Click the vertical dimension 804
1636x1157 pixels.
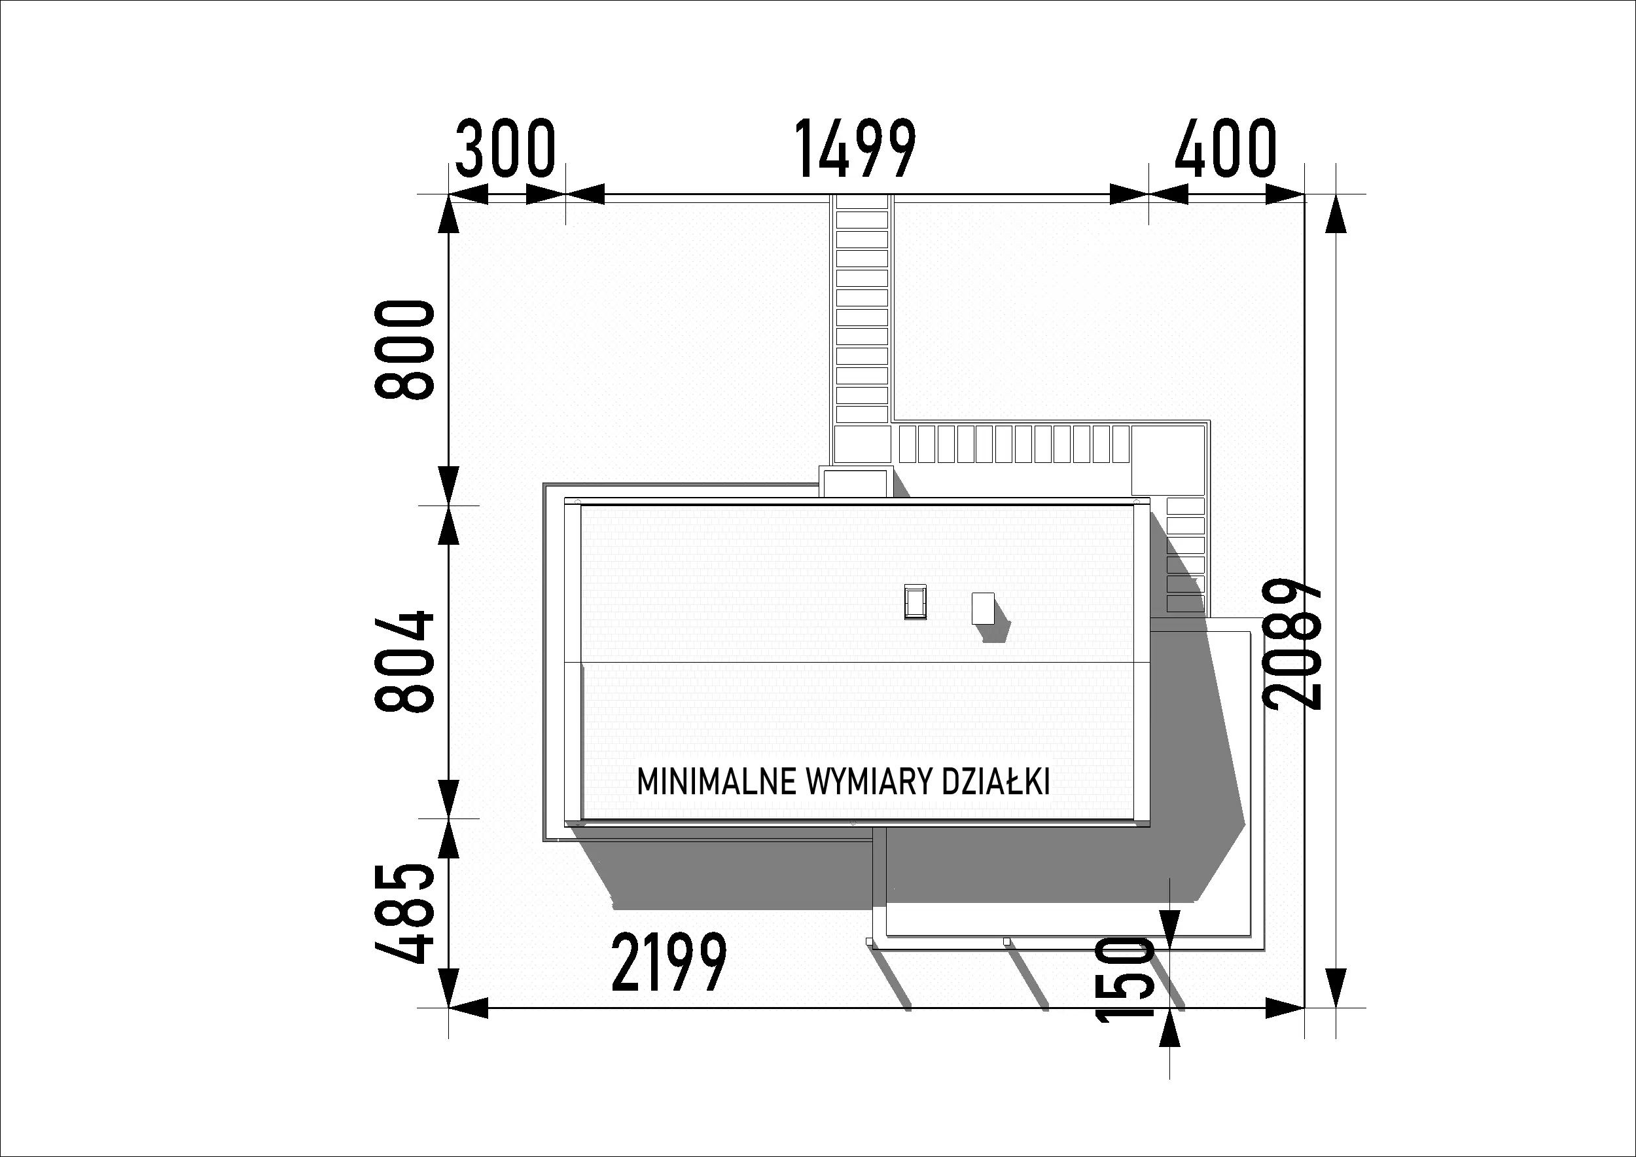(404, 661)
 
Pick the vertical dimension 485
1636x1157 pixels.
(404, 913)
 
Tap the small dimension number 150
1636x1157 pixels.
(1124, 980)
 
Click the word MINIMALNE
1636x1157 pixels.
(716, 782)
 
